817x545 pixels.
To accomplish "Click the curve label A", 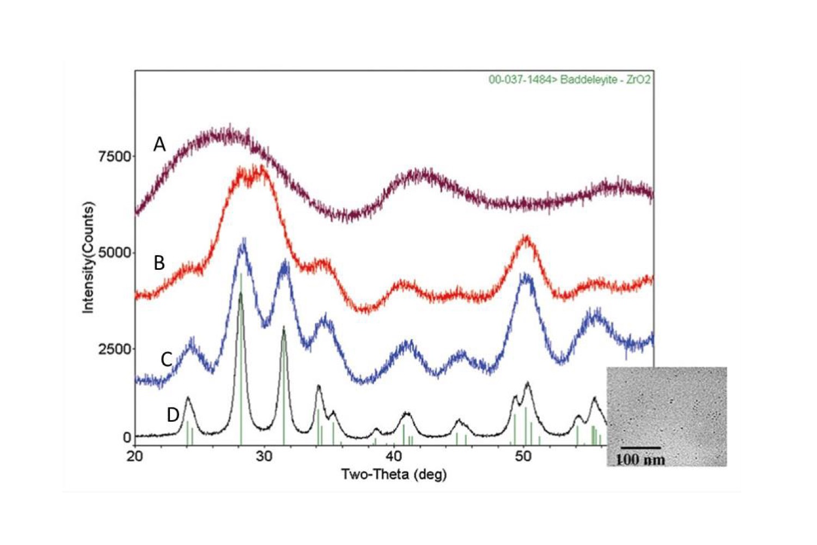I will (x=159, y=144).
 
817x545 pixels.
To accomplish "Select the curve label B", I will (x=159, y=263).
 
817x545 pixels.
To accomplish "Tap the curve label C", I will (x=166, y=359).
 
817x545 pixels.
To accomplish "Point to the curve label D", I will (x=173, y=415).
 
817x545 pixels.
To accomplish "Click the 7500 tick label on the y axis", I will (x=115, y=156).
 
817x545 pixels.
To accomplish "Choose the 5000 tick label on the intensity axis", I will (x=115, y=253).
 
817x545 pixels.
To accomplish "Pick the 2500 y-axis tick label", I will (x=115, y=349).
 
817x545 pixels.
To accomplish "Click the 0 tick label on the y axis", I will (x=127, y=437).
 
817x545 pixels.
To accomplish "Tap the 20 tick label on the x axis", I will (x=135, y=456).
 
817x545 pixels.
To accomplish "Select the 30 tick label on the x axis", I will (x=264, y=456).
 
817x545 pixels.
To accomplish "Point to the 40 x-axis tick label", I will (x=394, y=456).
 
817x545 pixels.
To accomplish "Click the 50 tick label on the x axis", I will (x=523, y=456).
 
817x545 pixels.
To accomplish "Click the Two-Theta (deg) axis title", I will (x=394, y=474).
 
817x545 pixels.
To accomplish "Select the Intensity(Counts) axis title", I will (x=88, y=257).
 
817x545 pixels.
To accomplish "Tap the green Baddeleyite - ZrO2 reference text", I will (x=569, y=80).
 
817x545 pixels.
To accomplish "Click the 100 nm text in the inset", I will (x=641, y=459).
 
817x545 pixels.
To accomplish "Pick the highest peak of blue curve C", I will (x=242, y=243).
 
